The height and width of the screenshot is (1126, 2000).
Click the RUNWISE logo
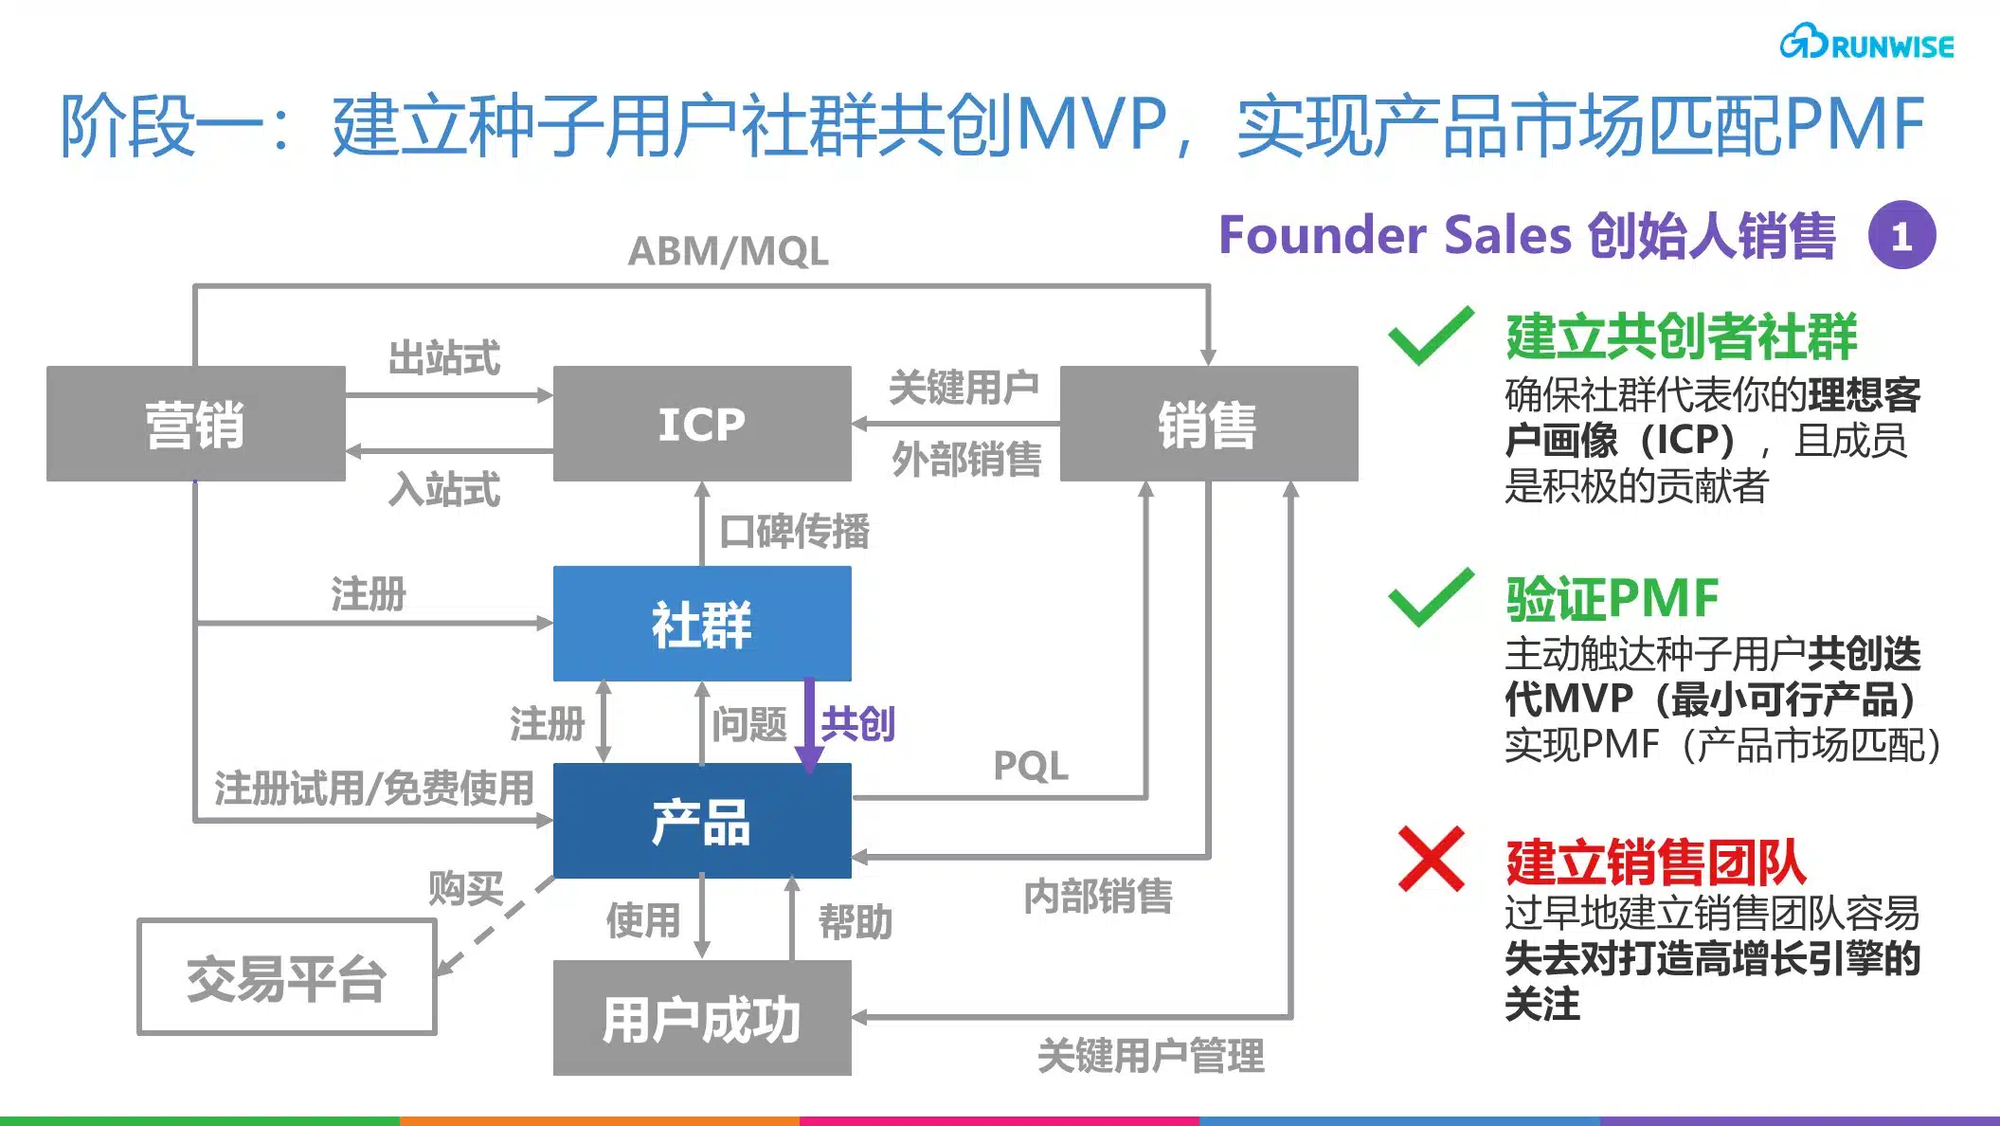[1865, 44]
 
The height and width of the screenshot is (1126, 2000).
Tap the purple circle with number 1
[1901, 235]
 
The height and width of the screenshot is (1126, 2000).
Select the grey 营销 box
[195, 424]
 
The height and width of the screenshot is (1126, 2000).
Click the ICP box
[701, 424]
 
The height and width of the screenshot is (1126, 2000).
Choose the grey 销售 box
[1208, 424]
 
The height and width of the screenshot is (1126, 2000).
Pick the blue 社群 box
[701, 624]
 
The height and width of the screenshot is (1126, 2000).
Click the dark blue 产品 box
[701, 821]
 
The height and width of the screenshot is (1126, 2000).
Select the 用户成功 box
[701, 1018]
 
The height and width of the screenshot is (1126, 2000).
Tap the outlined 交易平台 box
[286, 977]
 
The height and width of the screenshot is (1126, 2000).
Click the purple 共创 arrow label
[856, 724]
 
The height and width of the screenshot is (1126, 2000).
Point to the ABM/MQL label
[728, 251]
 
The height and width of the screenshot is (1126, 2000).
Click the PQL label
[1030, 766]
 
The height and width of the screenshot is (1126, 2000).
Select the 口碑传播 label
[794, 531]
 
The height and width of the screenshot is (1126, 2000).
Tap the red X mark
[1431, 859]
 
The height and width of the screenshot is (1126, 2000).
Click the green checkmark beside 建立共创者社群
[1430, 337]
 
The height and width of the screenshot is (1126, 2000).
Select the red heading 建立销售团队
[1655, 862]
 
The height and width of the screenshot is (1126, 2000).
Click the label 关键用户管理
[1150, 1056]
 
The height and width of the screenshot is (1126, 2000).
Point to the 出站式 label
[443, 358]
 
